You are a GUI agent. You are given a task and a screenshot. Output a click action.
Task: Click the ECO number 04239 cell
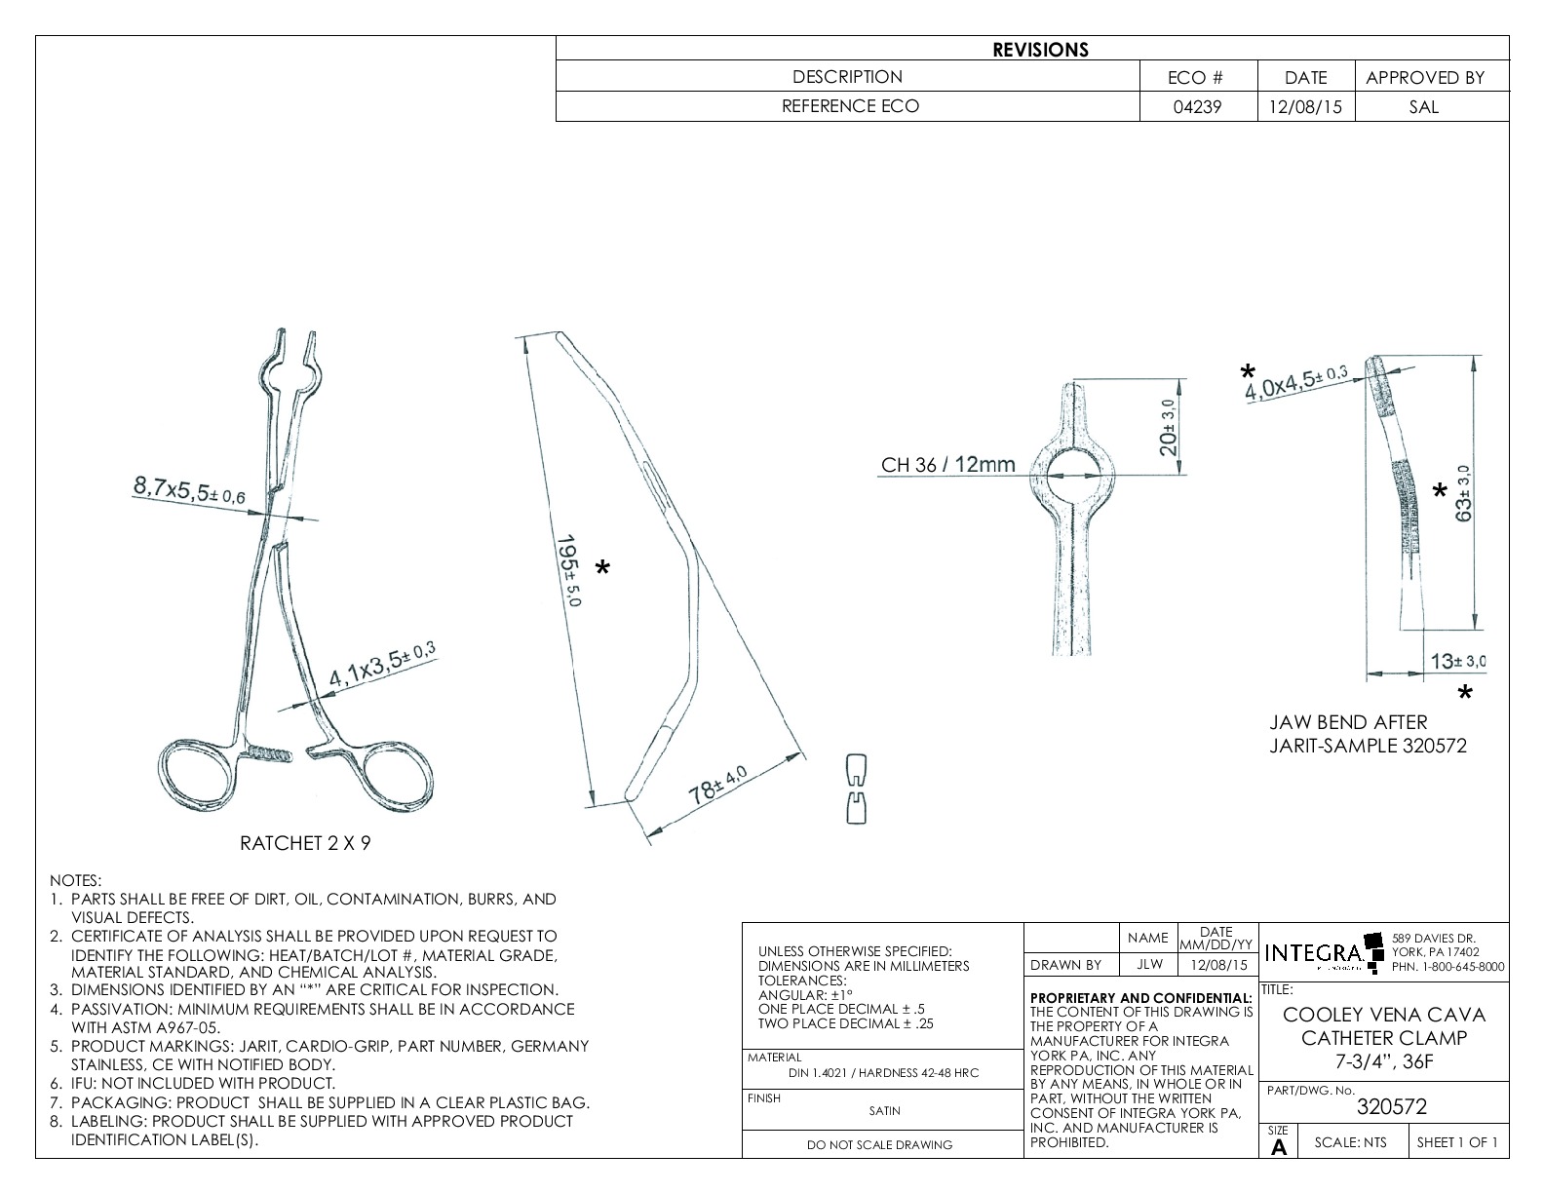click(1198, 107)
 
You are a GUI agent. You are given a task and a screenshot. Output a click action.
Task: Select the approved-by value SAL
click(1423, 107)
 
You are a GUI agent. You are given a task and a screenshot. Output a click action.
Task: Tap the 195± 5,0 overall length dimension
click(567, 570)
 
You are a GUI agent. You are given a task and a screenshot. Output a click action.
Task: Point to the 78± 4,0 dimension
click(718, 785)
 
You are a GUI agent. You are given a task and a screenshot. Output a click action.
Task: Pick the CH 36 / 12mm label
click(947, 465)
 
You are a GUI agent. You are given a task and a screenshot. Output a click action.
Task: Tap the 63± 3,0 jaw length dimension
click(1465, 493)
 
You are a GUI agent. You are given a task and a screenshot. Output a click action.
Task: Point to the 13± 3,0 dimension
click(1457, 662)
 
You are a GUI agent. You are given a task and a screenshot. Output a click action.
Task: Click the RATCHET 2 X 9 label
click(305, 843)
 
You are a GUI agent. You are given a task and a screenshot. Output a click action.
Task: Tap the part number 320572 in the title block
click(1391, 1106)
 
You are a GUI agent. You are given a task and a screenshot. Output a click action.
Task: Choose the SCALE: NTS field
click(1350, 1142)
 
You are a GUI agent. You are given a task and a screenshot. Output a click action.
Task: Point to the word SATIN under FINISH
click(884, 1110)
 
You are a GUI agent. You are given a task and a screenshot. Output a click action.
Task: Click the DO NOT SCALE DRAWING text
click(879, 1145)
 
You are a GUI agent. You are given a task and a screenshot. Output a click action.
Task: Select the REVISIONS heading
click(1040, 50)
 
